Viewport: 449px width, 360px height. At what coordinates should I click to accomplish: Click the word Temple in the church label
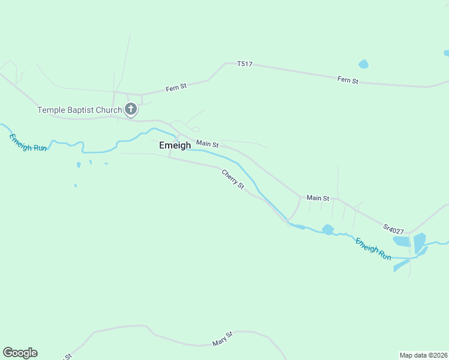pos(50,110)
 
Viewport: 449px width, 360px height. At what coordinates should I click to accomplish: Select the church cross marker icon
pos(131,109)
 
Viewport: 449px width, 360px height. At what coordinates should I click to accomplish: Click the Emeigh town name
pos(175,145)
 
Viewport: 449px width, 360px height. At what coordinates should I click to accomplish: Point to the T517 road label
pos(244,64)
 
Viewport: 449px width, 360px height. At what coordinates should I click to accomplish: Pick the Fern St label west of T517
pos(176,87)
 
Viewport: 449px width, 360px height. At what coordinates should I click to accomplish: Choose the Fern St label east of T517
pos(348,80)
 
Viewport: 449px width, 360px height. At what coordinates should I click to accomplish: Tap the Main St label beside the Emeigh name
pos(207,144)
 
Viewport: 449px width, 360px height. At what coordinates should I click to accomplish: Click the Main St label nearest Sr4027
pos(318,198)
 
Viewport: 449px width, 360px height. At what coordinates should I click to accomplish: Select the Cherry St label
pos(233,179)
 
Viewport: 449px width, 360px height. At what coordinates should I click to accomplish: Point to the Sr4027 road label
pos(393,229)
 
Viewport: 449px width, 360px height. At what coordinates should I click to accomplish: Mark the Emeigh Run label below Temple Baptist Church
pos(28,142)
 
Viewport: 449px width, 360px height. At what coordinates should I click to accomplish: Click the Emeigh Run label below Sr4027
pos(373,249)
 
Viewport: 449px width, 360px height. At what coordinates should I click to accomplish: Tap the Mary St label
pos(222,339)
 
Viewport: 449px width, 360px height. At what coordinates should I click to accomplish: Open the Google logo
pos(20,353)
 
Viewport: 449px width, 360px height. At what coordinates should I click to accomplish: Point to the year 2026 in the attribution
pos(438,355)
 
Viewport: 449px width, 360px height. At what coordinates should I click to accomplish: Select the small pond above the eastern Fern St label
pos(363,64)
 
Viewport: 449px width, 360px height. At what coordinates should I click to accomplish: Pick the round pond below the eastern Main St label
pos(328,229)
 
